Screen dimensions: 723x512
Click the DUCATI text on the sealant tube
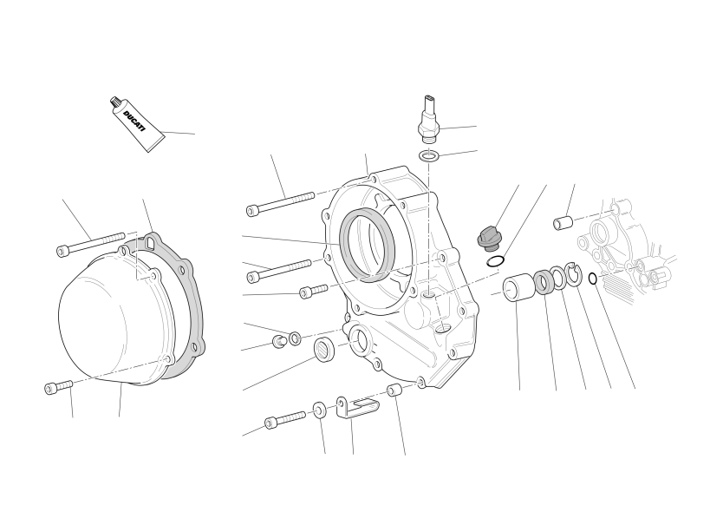coord(134,121)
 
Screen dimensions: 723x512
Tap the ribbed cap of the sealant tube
coord(114,103)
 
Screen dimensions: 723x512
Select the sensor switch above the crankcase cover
coord(428,118)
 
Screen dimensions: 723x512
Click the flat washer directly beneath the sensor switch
coord(429,156)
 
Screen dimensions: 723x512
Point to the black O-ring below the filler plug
coord(495,261)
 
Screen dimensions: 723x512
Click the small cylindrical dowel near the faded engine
coord(563,222)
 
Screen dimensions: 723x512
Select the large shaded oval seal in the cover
coord(367,244)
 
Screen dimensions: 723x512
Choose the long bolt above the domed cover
coord(90,244)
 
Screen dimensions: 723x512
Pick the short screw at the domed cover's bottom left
coord(59,386)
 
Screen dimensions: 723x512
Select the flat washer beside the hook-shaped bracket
coord(319,410)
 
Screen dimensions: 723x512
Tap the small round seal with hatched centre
coord(325,347)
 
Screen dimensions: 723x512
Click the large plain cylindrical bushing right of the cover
coord(519,287)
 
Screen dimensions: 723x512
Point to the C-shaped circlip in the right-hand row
coord(574,274)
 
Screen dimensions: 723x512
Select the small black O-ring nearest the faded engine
coord(594,279)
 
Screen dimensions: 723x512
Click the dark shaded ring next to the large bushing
coord(544,283)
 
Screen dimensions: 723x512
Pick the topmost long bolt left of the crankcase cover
coord(280,204)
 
